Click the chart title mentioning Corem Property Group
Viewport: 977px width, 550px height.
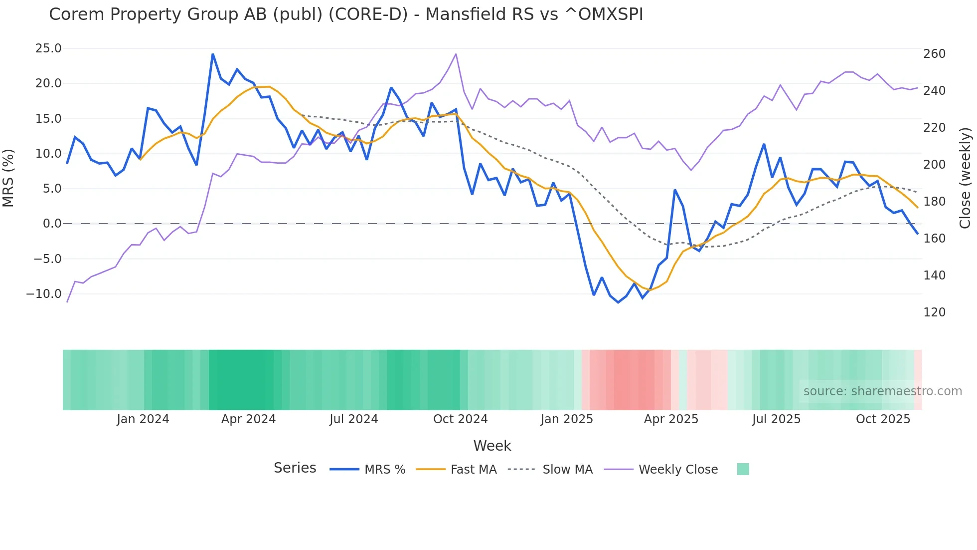click(346, 14)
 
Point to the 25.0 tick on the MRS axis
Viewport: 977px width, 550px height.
click(48, 48)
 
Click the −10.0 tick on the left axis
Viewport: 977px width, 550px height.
click(44, 294)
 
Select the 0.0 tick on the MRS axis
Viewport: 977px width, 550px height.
click(52, 224)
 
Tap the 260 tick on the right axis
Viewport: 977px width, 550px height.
click(934, 54)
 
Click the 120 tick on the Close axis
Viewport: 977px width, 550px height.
click(934, 312)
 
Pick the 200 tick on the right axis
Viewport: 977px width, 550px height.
click(934, 165)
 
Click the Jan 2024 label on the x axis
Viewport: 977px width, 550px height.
click(143, 419)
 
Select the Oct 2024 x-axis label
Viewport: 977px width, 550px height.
click(460, 419)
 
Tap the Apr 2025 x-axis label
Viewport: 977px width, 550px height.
click(671, 419)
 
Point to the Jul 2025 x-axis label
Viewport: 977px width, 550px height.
click(776, 419)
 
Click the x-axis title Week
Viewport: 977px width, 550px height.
click(492, 446)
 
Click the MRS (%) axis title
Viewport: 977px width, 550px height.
click(8, 178)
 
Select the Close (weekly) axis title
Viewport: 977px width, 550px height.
click(965, 178)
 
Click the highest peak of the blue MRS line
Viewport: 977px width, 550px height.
click(213, 54)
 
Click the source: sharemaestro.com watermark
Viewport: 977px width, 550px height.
click(882, 391)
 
